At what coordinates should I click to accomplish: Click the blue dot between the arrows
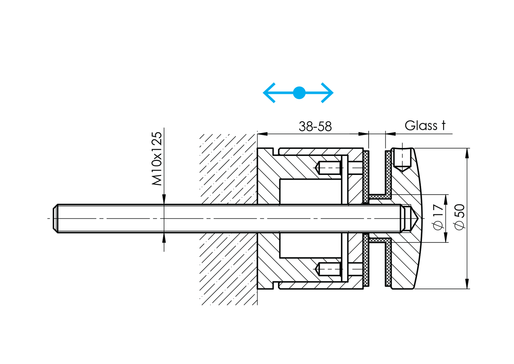299,93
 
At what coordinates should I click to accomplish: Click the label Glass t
425,125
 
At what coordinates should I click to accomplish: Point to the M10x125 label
157,159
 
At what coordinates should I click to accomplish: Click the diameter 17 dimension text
438,217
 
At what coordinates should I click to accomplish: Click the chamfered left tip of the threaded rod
55,218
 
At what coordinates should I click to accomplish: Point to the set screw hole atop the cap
402,159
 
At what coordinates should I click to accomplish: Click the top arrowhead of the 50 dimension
467,153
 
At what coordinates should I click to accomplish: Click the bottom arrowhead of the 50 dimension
467,284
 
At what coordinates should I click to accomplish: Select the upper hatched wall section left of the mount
228,169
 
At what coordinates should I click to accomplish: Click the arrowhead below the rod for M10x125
164,237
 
